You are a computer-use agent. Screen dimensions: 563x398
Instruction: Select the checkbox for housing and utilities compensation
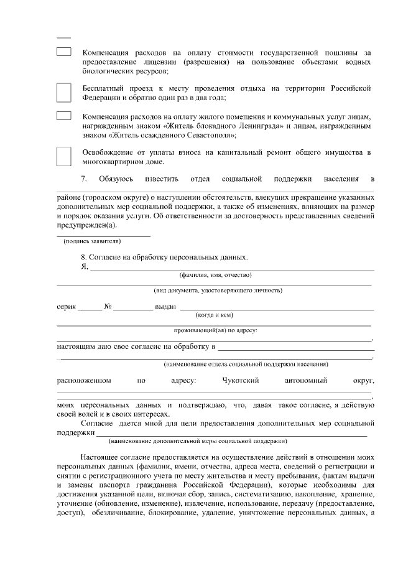64,116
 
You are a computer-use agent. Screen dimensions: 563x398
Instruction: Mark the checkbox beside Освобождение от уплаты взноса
64,156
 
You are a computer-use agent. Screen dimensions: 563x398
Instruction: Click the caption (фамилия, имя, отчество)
215,274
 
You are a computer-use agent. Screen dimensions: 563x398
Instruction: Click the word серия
67,307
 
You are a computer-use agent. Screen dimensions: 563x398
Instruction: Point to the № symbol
108,307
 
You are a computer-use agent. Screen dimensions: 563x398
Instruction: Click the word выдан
165,307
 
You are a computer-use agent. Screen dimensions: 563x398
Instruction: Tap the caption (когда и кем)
215,315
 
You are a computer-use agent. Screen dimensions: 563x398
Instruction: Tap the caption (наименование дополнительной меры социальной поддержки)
197,440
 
